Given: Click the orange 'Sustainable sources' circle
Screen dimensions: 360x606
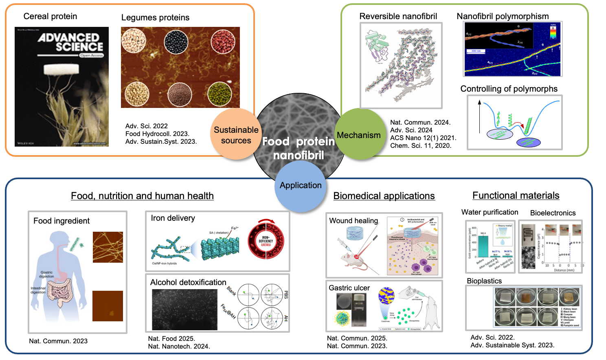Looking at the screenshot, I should [236, 134].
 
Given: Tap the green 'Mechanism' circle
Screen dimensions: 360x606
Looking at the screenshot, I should [358, 134].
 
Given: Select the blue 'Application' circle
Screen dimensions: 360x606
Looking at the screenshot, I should [301, 185].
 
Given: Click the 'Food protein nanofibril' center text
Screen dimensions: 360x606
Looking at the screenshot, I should [299, 148].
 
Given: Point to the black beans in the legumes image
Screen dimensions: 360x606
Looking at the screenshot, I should [176, 42].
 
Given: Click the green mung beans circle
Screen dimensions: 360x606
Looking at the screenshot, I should [220, 94].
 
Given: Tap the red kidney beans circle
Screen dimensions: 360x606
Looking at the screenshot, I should [223, 42].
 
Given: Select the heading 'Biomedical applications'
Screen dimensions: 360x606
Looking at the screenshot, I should [384, 196].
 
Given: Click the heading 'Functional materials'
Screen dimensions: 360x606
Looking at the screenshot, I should [516, 195].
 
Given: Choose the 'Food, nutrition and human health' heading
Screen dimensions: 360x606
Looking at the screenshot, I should [142, 196].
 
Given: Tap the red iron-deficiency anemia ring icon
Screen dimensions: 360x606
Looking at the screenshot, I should [266, 241].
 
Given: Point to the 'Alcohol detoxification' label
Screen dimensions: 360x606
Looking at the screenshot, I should [188, 282].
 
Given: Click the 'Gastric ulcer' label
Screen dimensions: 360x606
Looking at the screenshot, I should [349, 288].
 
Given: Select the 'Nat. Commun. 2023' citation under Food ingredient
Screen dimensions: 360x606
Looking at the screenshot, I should [58, 341].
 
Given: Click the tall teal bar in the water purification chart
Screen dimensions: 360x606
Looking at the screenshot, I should [483, 246].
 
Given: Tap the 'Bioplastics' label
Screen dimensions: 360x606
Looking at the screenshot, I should [484, 281].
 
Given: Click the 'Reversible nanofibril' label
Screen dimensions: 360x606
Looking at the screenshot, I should [398, 16].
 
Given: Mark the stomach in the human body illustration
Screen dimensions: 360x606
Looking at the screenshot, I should [63, 275].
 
